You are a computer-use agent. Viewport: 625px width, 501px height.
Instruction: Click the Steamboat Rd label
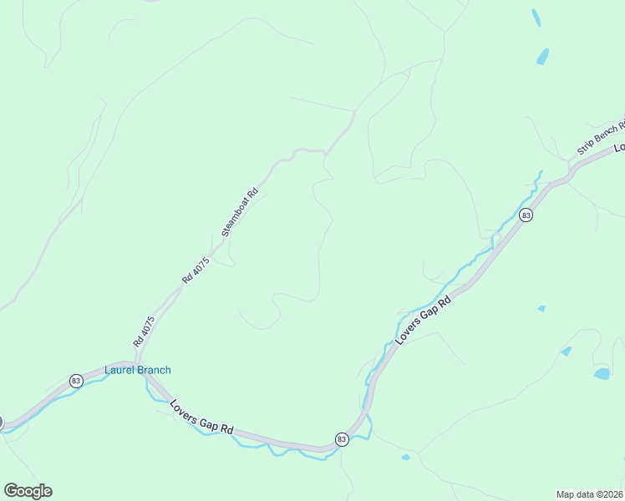click(x=241, y=213)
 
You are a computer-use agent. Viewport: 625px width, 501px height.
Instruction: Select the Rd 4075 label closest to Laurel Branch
click(x=144, y=331)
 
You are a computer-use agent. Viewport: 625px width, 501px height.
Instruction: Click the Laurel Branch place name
click(x=137, y=370)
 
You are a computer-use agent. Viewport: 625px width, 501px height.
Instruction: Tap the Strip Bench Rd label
click(x=601, y=139)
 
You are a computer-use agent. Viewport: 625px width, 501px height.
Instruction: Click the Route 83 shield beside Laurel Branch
click(x=76, y=381)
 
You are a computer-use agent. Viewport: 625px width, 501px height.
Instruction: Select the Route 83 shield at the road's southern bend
click(x=342, y=439)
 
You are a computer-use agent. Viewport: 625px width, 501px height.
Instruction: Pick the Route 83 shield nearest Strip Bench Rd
click(x=526, y=215)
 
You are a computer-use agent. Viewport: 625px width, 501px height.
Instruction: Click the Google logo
click(x=28, y=491)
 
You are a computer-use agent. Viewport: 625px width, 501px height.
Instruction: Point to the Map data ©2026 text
click(x=588, y=493)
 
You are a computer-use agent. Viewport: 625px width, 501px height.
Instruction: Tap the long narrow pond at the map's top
click(x=536, y=18)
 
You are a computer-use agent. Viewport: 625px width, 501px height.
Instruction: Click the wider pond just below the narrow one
click(x=544, y=56)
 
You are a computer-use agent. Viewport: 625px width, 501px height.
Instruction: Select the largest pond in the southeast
click(x=602, y=373)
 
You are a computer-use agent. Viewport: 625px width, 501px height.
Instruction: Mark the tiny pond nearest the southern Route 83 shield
click(x=405, y=457)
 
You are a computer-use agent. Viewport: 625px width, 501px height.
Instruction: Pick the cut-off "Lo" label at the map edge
click(x=619, y=147)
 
